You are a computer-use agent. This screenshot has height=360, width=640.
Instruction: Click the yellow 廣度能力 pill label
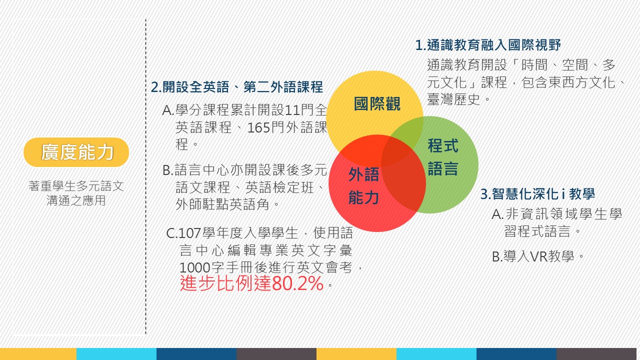coord(76,152)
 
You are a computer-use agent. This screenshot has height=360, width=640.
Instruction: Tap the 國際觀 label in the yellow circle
coord(377,103)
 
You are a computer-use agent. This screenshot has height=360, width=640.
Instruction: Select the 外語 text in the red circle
coord(363,174)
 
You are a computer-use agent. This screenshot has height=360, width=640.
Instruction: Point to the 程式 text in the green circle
coord(443,145)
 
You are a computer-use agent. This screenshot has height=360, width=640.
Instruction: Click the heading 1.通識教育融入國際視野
coord(488,45)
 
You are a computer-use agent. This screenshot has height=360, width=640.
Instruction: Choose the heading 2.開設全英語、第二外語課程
coord(237,87)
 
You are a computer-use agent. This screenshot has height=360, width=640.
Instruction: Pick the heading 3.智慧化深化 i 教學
coord(537,193)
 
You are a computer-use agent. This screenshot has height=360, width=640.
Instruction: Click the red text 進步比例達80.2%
coord(251,283)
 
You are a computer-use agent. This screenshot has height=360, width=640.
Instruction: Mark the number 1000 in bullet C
coord(195,268)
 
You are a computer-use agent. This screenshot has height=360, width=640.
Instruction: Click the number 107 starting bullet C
coord(190,233)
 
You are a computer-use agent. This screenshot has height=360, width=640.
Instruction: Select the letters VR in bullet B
coord(539,256)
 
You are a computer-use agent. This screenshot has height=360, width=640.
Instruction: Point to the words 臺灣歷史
coord(453,99)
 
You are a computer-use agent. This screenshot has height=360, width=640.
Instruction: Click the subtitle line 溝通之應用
coord(76,200)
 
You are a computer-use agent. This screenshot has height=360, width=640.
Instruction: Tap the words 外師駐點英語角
coord(222,204)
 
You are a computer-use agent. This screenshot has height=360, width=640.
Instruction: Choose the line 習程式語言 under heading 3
coord(537,231)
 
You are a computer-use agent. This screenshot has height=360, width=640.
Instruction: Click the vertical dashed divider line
coord(145,176)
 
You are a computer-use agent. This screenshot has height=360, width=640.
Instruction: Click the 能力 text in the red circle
coord(363,197)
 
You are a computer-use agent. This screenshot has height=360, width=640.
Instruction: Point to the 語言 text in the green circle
coord(443,168)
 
